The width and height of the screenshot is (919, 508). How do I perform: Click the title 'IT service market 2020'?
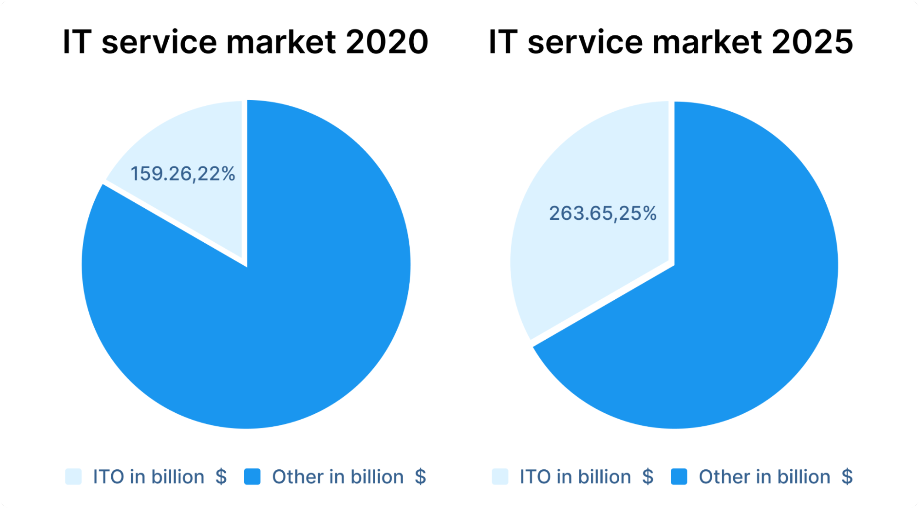tap(245, 42)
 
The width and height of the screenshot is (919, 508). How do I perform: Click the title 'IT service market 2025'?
tap(671, 42)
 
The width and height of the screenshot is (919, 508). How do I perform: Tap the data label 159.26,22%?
tap(183, 174)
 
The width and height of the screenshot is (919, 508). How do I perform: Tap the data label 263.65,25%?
tap(603, 213)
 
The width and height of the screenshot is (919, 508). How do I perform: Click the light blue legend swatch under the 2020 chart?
tap(74, 477)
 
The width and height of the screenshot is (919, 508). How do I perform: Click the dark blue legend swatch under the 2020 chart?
tap(252, 477)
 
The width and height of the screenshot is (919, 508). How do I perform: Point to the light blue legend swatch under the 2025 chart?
tap(500, 477)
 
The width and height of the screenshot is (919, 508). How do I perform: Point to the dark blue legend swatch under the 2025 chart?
tap(679, 477)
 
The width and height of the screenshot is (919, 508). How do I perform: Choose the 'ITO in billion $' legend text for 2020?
tap(160, 477)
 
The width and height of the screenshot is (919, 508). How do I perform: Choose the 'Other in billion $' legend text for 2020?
tap(349, 477)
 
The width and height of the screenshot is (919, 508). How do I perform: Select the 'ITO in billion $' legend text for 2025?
tap(587, 477)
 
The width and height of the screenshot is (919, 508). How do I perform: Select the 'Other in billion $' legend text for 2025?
tap(776, 477)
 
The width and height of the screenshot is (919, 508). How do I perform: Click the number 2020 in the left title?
tap(387, 42)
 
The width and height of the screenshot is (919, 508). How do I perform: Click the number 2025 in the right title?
tap(812, 42)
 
